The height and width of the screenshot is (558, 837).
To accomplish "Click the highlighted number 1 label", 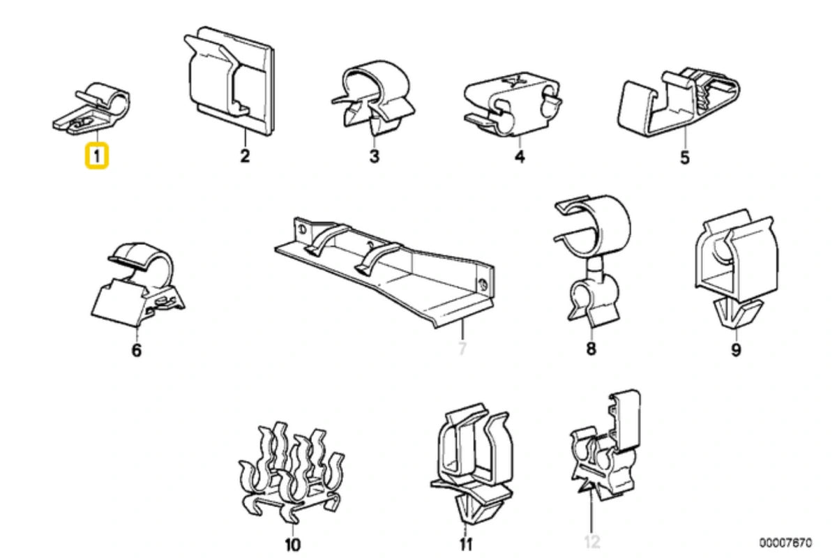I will coord(96,156).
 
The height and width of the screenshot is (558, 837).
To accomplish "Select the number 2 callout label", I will coord(244,156).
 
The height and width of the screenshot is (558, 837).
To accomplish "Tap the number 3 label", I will coord(375,156).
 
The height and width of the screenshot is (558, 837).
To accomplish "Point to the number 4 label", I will coord(519,156).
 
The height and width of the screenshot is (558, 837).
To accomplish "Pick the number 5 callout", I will coord(684,158).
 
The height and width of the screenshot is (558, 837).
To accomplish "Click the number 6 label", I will coord(136,349).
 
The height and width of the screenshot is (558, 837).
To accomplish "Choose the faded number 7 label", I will coord(461,349).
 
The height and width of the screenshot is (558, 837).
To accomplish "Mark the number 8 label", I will coord(591,349).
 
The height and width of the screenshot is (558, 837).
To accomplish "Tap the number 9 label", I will coord(736,349).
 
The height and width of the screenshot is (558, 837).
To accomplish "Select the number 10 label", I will coord(293,543).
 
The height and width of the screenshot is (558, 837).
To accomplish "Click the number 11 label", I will coord(466,543).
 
